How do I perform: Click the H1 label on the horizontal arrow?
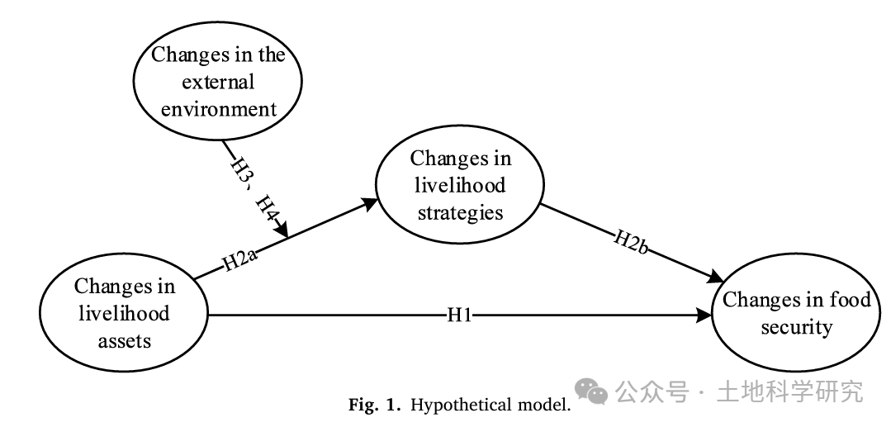(x=460, y=315)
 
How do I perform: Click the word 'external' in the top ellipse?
(x=218, y=82)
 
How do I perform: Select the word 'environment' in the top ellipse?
(x=218, y=108)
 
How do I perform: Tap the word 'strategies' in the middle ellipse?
(x=460, y=212)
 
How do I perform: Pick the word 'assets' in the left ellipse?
(x=125, y=341)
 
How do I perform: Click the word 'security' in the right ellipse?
(x=797, y=328)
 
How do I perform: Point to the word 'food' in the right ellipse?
(x=850, y=299)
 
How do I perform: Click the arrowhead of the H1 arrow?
(x=704, y=315)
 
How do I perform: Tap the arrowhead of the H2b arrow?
(x=717, y=277)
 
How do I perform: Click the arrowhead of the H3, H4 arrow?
(x=282, y=230)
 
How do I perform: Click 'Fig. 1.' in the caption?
(x=371, y=405)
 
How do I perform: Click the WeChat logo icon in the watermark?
(x=590, y=391)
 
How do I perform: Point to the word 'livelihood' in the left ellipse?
(x=124, y=313)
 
